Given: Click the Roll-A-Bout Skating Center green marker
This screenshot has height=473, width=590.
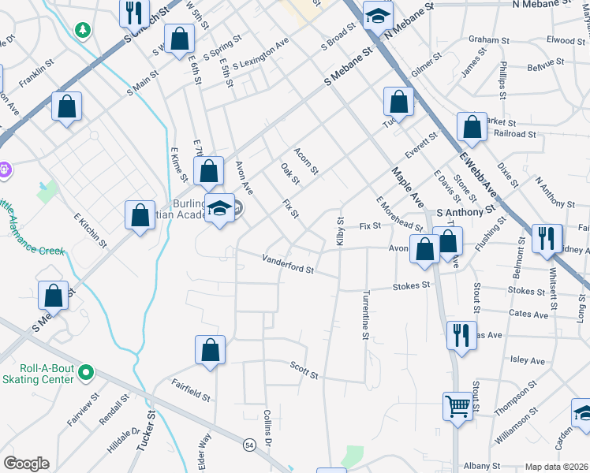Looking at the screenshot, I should click(87, 372).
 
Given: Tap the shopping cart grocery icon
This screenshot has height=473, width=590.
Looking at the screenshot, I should click(457, 407).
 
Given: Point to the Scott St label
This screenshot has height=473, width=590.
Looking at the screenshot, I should click(304, 371).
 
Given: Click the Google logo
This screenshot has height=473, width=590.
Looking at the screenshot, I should click(26, 464).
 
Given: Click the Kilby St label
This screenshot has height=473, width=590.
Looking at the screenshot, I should click(341, 232).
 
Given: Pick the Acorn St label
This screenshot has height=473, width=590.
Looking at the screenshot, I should click(306, 161).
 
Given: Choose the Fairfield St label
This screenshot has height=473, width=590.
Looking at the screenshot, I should click(191, 389).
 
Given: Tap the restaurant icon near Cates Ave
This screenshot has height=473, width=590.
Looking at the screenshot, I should click(461, 335).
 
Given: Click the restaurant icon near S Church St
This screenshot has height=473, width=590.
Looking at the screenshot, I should click(133, 12).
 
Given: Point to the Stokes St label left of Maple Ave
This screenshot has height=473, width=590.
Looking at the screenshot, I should click(413, 286).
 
